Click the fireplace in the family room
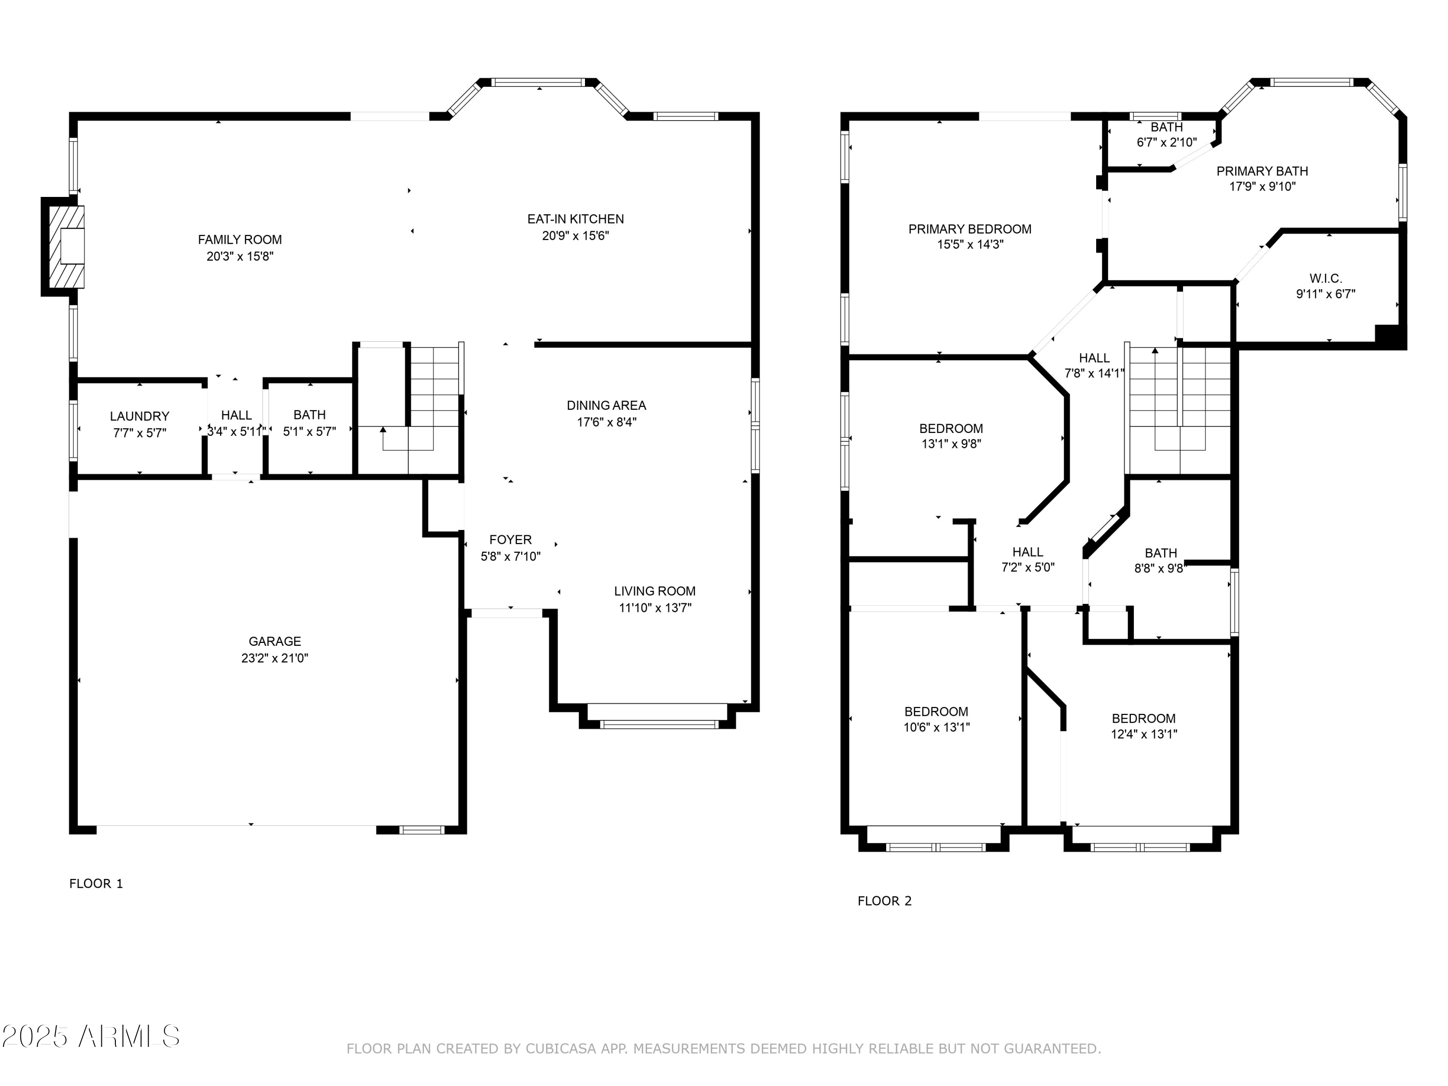64,247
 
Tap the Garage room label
275,641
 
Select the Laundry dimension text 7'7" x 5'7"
139,432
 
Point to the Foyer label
511,540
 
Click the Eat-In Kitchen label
575,219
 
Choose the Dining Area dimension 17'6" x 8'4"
606,422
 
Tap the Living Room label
654,591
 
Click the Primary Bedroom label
970,229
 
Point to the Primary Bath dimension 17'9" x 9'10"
1262,187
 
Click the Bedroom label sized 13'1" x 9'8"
951,429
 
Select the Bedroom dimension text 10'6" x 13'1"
937,727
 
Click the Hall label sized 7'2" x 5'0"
1028,553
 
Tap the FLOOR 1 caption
96,884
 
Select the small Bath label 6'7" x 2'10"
1167,127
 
